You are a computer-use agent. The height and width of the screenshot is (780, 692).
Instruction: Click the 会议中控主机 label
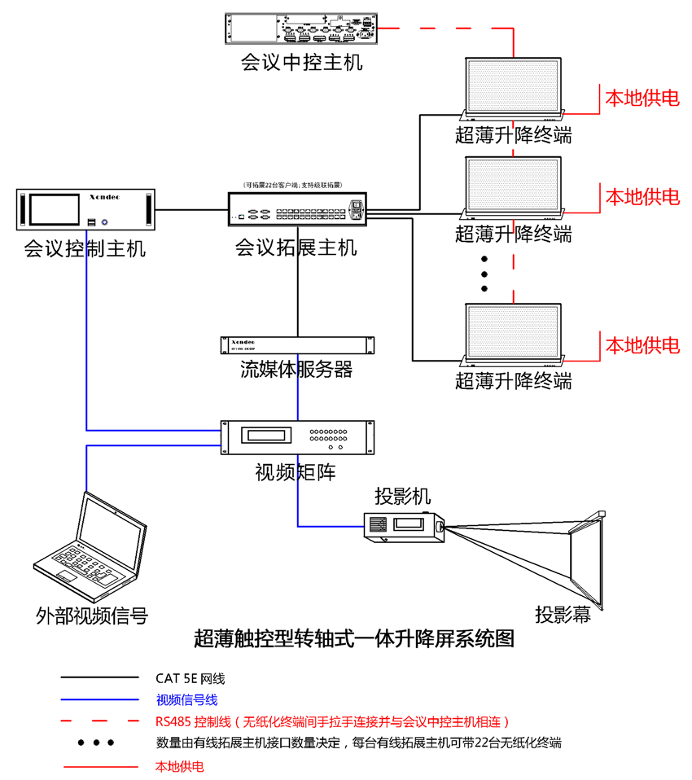(x=301, y=63)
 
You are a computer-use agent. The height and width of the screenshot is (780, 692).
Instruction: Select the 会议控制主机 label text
(x=85, y=248)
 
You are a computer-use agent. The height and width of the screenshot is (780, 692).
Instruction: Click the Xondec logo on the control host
(x=103, y=197)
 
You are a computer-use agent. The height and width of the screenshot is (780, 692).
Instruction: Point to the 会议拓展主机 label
(x=296, y=248)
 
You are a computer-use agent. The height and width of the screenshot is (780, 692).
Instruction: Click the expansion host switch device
(x=296, y=210)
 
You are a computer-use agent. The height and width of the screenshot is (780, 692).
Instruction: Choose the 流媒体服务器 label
(x=296, y=370)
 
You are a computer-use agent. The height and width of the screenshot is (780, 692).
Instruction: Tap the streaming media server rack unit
(x=296, y=344)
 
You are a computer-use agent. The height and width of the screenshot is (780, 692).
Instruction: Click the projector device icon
(x=404, y=526)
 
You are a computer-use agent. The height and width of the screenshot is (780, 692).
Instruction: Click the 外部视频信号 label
(x=92, y=615)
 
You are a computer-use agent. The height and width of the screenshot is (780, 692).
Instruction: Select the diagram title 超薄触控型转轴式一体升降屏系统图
(x=354, y=639)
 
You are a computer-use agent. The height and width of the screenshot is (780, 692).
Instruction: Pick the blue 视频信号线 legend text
(x=186, y=699)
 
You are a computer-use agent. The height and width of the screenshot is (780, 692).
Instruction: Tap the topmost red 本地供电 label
(x=642, y=99)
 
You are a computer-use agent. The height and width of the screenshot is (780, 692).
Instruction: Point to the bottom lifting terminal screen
(x=513, y=335)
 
